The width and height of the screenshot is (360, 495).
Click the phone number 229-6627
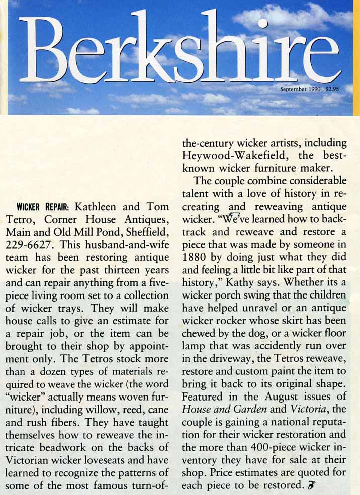(26, 246)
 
